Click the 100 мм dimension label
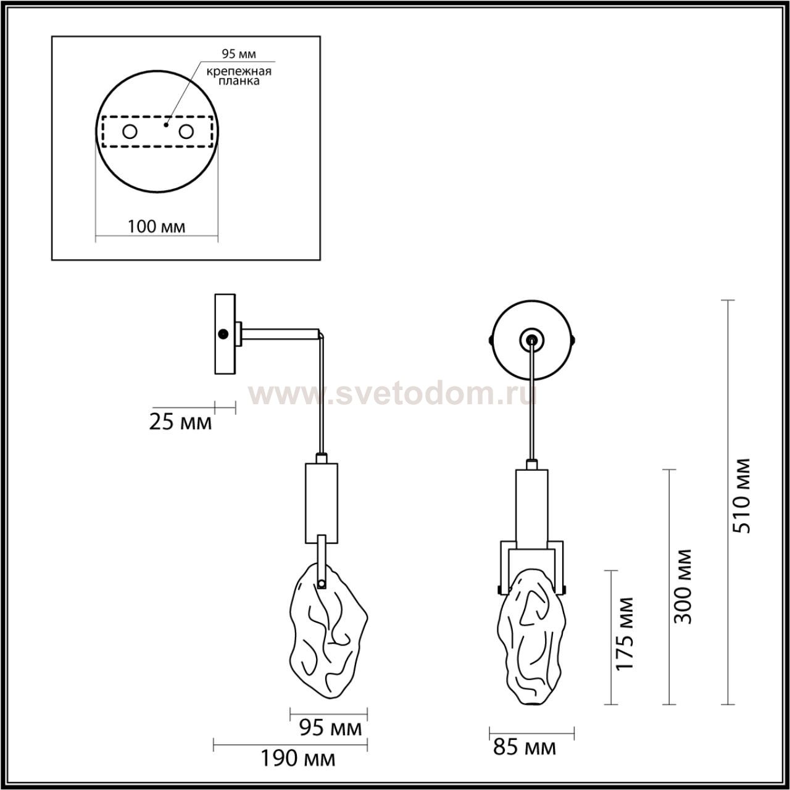coord(156,227)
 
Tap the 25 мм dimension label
coord(180,422)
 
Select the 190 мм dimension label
coord(298,759)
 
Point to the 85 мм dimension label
coord(525,747)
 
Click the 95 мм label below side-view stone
coord(330,728)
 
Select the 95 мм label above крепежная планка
coord(239,54)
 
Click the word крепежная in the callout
coord(239,72)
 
